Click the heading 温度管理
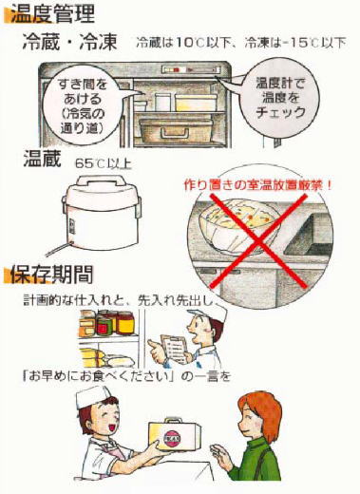pos(52,13)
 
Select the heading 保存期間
pos(51,274)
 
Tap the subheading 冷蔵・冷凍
pos(70,42)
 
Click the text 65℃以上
pos(104,163)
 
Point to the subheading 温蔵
pos(42,159)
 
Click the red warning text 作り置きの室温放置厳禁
pos(257,184)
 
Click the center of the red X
pos(259,242)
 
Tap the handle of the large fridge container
pos(173,132)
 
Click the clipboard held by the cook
pos(174,350)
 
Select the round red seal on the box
pos(172,439)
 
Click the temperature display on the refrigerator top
pos(191,70)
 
